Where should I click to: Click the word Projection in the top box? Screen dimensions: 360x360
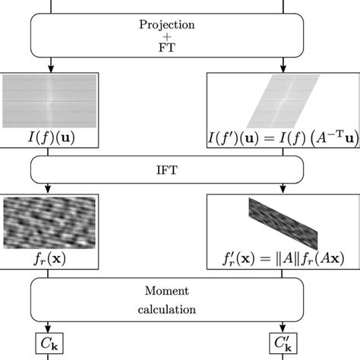coord(166,24)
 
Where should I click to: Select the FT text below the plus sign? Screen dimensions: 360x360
coord(166,48)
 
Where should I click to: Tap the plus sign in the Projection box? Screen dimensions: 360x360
coord(166,36)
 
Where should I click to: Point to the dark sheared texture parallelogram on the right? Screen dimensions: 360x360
coord(284,222)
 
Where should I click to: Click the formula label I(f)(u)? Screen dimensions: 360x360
coord(49,137)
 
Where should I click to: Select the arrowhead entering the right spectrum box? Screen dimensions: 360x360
coord(284,68)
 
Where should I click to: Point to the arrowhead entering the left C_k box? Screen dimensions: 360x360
coord(48,327)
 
